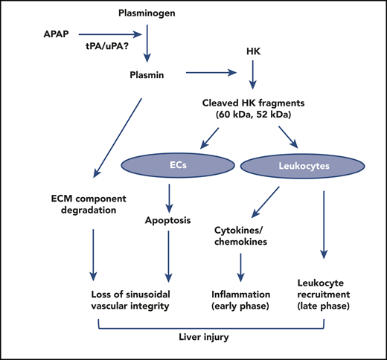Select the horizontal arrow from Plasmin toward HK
[x=212, y=73]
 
